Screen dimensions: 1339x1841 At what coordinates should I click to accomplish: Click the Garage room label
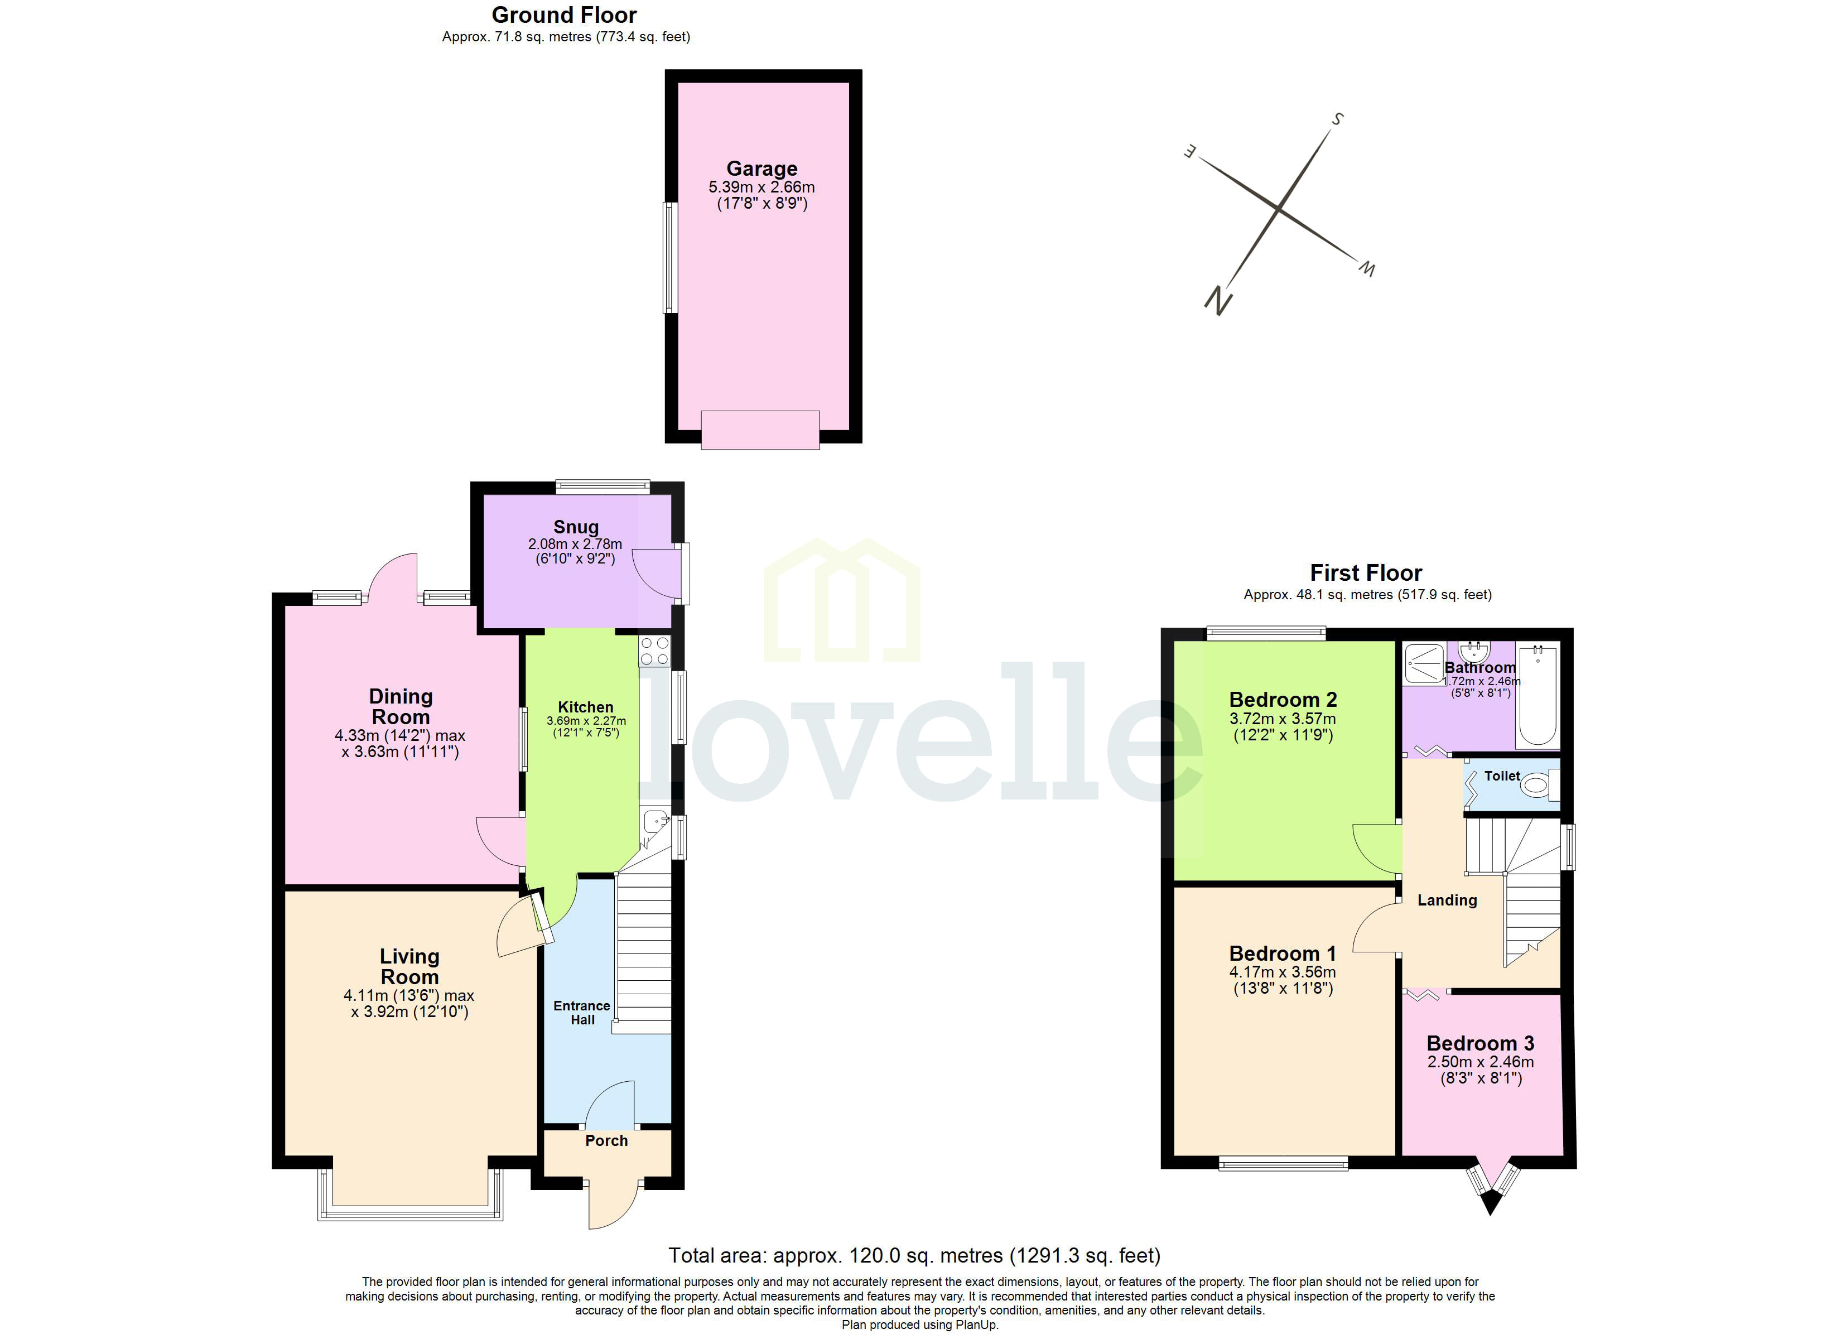pos(762,169)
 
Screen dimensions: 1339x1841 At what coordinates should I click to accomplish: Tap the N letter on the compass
pos(1218,301)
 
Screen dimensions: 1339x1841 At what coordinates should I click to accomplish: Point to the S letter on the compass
pos(1337,119)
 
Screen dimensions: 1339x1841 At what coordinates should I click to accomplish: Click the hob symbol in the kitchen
pos(654,651)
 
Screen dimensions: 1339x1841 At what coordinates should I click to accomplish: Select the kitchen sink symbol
pos(654,822)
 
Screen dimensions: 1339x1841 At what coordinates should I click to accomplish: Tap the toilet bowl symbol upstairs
pos(1534,785)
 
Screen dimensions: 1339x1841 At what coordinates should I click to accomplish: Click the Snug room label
pos(576,527)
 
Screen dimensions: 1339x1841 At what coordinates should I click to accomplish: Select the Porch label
pos(606,1141)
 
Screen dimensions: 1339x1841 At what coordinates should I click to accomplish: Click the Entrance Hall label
pos(581,1013)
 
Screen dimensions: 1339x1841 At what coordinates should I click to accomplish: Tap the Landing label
pos(1447,900)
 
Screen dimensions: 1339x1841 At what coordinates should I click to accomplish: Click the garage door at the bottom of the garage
pos(760,430)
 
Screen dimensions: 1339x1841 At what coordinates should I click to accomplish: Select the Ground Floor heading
pos(564,16)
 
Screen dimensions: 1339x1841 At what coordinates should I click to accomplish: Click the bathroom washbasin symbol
pos(1472,652)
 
